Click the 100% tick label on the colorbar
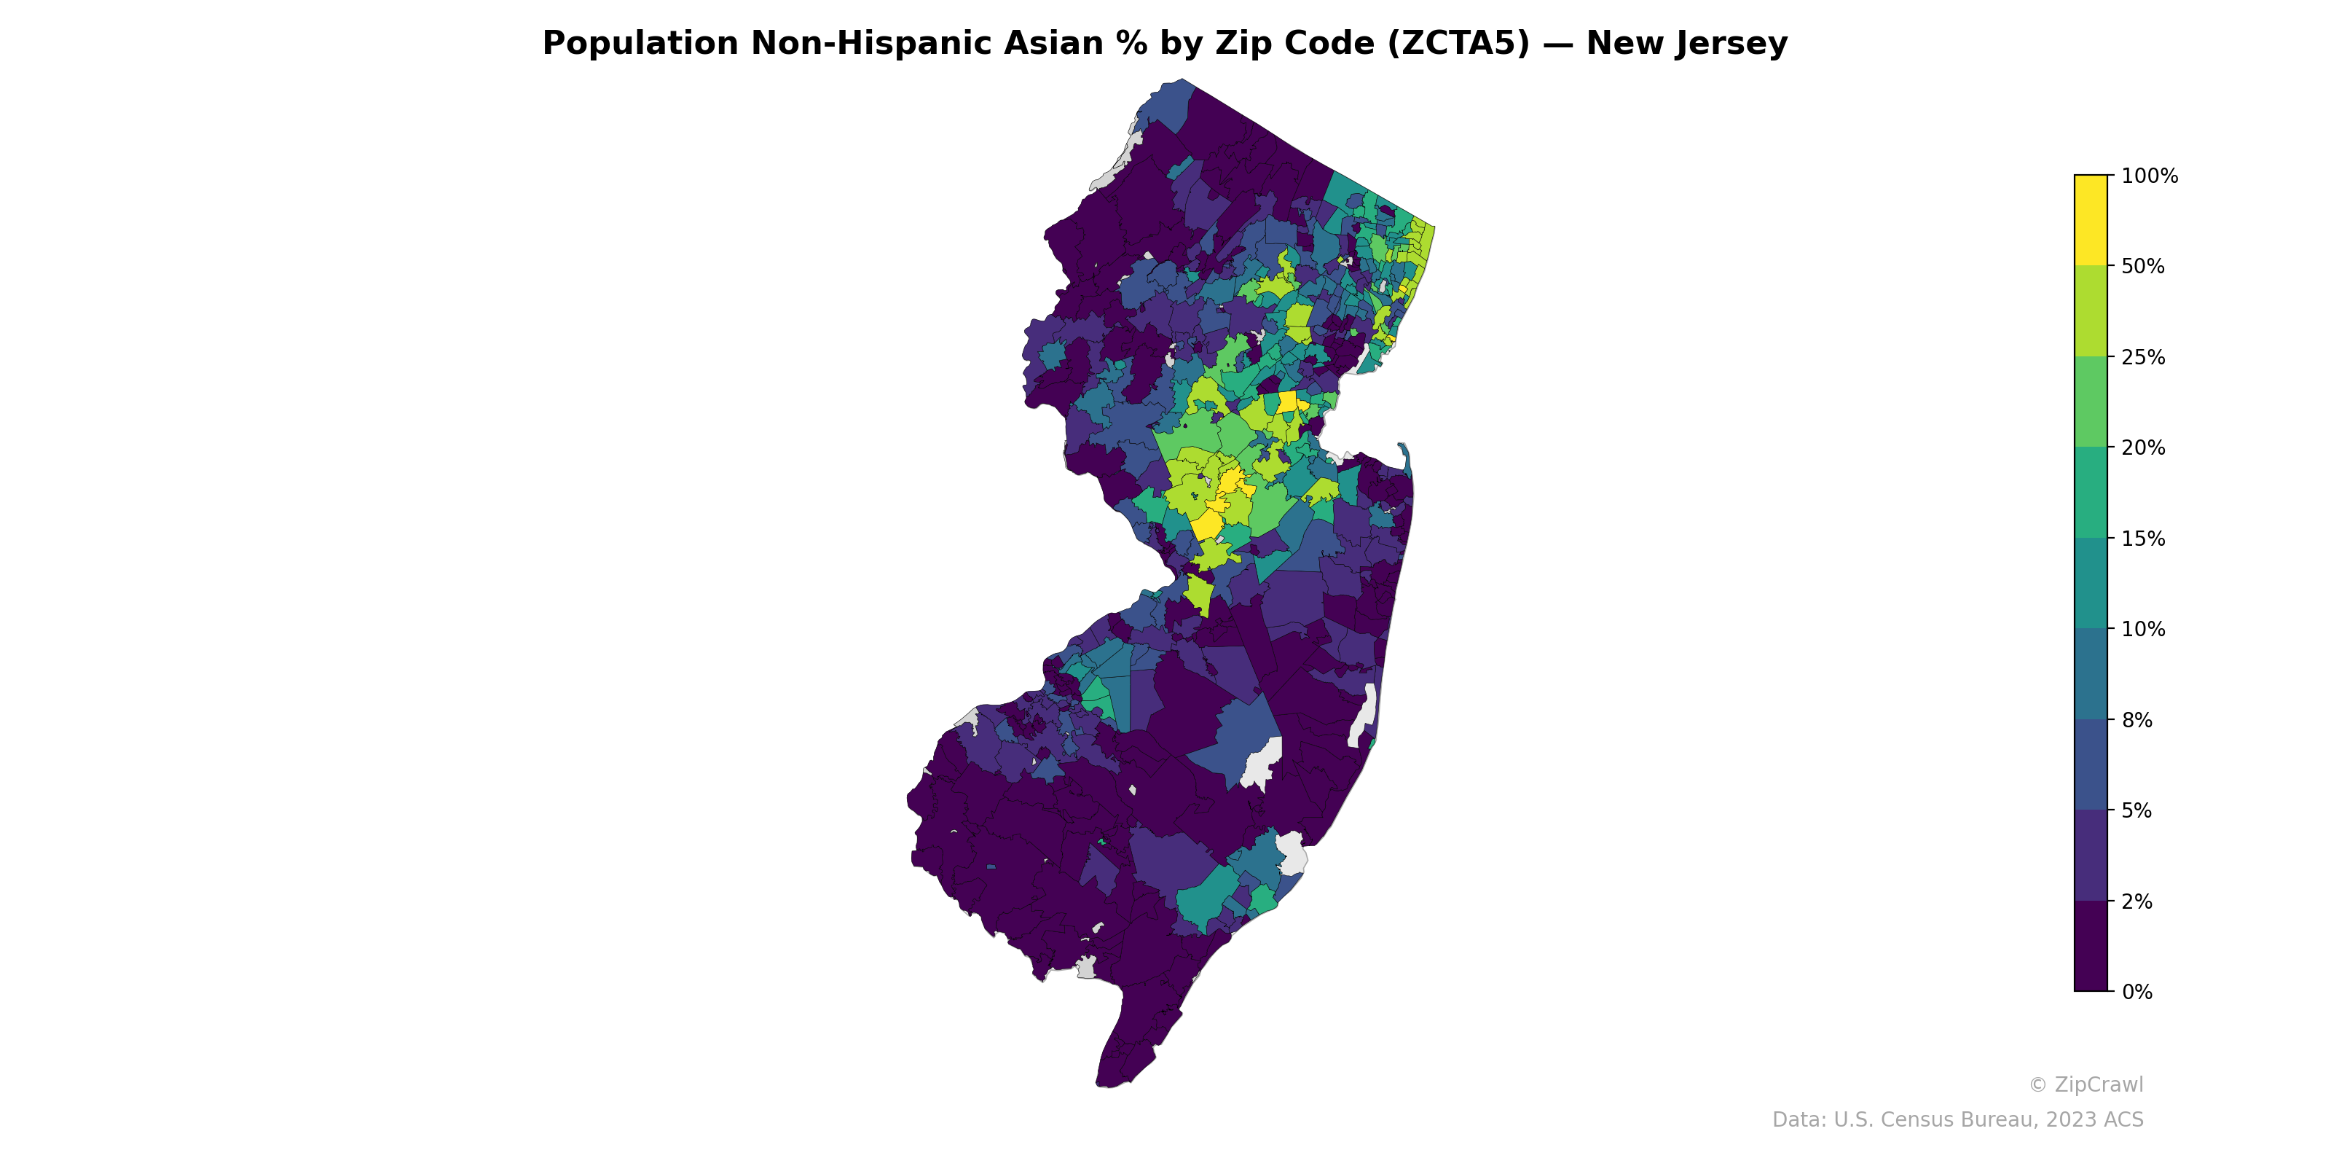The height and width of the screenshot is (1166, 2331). point(2149,176)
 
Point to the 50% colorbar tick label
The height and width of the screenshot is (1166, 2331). point(2143,266)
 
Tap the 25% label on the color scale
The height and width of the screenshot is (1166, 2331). point(2143,356)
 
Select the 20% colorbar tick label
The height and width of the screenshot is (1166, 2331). point(2143,447)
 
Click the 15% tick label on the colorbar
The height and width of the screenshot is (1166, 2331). point(2143,539)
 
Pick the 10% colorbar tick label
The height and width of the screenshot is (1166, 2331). point(2143,629)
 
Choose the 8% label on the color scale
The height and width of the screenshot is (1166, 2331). point(2137,720)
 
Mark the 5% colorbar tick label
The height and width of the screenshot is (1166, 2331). point(2137,810)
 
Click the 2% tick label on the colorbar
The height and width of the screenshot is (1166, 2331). point(2137,901)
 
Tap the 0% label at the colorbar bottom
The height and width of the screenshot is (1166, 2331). point(2137,992)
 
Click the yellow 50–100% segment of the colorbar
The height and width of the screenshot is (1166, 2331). point(2091,220)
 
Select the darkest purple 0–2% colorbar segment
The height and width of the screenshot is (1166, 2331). point(2091,946)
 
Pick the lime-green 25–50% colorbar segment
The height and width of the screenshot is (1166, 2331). point(2091,310)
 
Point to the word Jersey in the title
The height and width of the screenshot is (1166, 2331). point(1732,44)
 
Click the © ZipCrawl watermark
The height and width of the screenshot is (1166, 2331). point(2086,1084)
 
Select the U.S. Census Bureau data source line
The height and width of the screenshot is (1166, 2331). point(1957,1120)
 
